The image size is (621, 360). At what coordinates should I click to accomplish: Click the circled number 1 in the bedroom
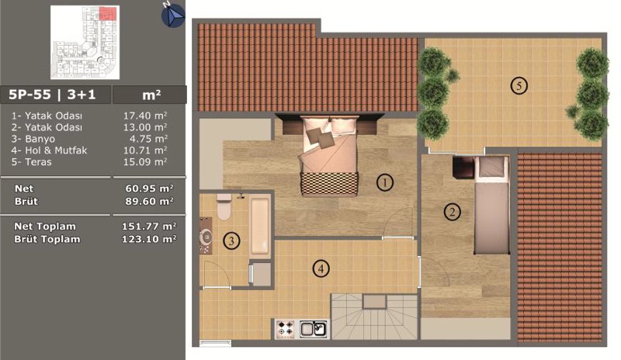click(384, 182)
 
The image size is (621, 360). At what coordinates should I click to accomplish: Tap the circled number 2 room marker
click(452, 212)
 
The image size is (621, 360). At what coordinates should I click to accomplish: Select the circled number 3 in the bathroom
click(231, 241)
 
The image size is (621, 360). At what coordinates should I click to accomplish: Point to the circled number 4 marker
click(321, 269)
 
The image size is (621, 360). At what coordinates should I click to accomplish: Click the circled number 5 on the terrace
click(519, 85)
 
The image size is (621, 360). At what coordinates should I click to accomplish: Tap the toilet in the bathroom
click(224, 206)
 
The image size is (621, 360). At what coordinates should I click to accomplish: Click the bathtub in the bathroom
click(260, 226)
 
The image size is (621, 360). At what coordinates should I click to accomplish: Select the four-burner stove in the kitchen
click(285, 329)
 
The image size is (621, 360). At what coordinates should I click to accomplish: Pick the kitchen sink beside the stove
click(314, 329)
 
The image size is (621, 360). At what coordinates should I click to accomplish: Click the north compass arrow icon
click(173, 16)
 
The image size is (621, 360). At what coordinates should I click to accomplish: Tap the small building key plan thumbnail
click(85, 43)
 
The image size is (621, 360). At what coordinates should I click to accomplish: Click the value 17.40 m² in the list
click(145, 116)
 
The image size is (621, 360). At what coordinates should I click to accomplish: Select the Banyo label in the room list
click(40, 139)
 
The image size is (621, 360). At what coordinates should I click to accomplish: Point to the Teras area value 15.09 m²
click(145, 162)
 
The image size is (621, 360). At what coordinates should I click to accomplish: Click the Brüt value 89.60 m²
click(149, 201)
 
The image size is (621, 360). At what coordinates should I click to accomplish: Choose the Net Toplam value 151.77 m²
click(149, 227)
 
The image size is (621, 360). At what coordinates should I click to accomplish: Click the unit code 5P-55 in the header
click(29, 95)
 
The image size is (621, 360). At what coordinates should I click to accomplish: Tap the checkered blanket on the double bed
click(329, 183)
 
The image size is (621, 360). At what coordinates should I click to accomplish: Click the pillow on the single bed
click(491, 167)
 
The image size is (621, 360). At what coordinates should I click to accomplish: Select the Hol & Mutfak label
click(56, 151)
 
